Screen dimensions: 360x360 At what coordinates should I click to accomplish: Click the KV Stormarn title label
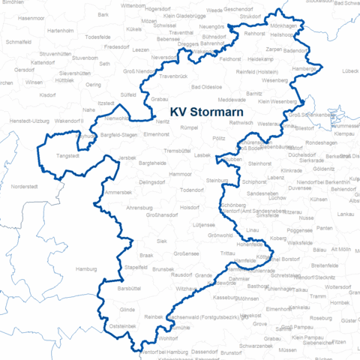click(202, 112)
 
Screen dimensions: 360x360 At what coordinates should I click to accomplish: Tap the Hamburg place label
click(88, 268)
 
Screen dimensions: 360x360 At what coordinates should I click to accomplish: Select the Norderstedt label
click(34, 186)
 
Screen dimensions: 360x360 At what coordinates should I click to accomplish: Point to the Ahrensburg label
click(139, 207)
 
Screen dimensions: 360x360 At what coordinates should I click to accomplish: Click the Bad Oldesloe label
click(207, 87)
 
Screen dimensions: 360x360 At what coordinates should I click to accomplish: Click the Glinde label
click(127, 309)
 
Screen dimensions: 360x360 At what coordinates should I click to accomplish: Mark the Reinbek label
click(153, 317)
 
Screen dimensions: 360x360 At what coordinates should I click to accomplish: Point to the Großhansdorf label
click(160, 215)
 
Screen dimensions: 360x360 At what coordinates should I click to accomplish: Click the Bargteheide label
click(152, 163)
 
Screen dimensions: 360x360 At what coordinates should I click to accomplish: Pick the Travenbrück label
click(174, 76)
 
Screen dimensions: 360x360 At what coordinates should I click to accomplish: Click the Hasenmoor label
click(31, 17)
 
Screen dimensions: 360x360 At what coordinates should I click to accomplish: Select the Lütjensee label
click(203, 224)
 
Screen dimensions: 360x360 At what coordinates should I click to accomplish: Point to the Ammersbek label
click(118, 193)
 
